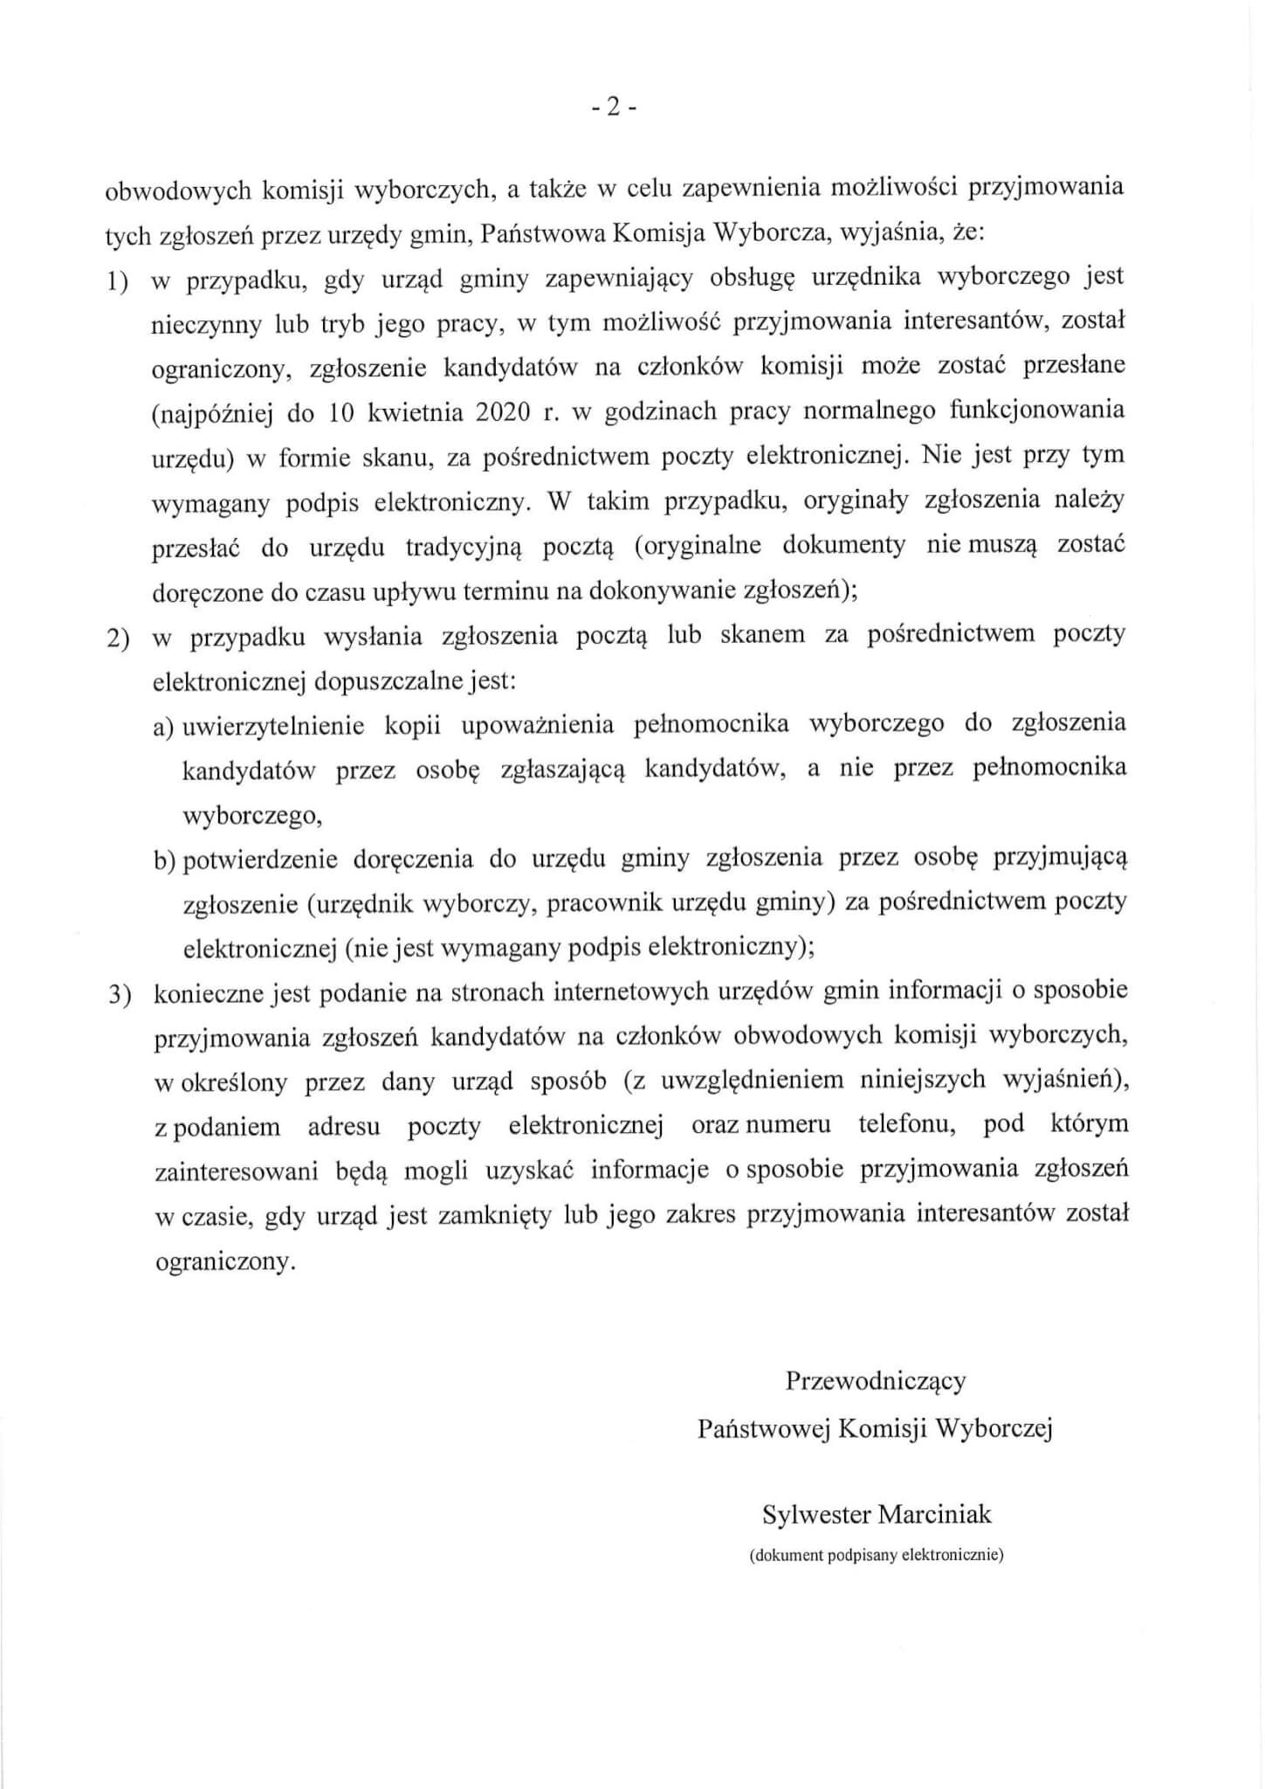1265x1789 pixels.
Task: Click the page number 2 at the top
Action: [614, 107]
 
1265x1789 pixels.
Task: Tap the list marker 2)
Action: [119, 639]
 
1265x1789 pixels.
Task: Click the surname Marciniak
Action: [934, 1514]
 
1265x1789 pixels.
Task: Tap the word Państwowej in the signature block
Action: [763, 1428]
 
